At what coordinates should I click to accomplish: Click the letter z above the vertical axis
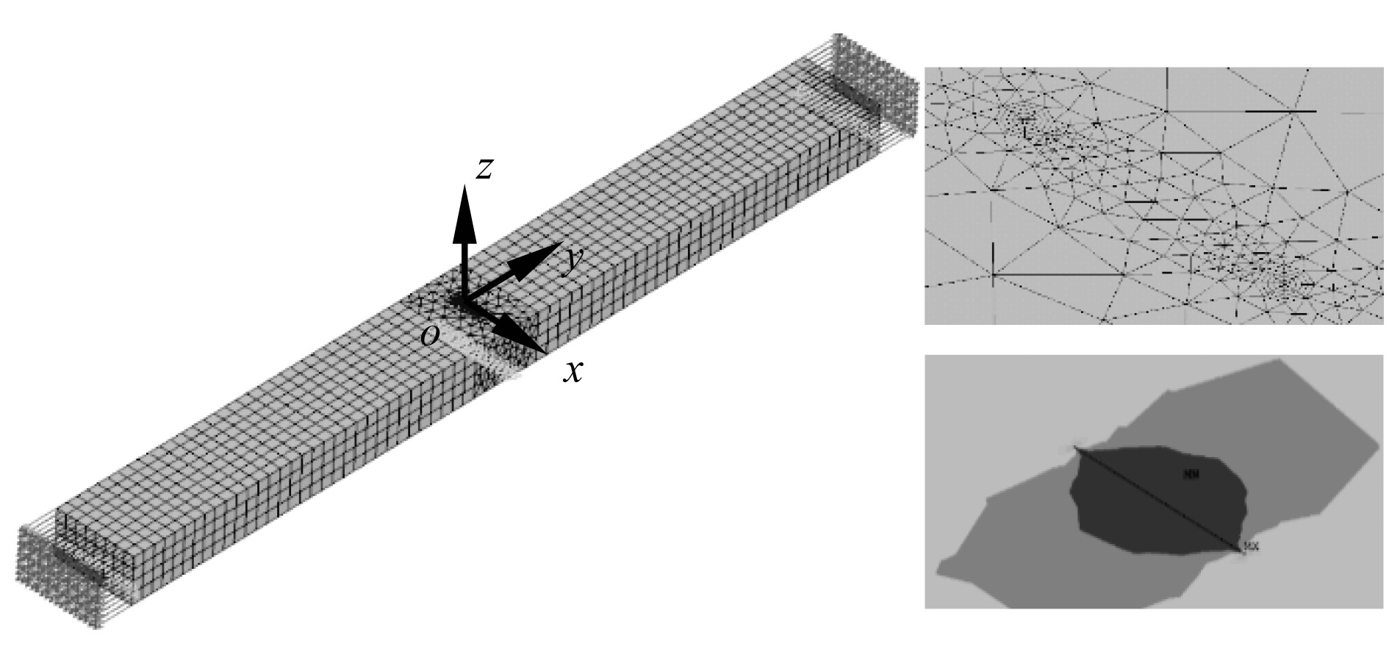click(484, 169)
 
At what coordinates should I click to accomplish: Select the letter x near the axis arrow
click(573, 372)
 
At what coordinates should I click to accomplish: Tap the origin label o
click(431, 336)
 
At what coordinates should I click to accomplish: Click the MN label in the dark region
click(1191, 475)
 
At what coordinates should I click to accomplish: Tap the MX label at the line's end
click(1251, 546)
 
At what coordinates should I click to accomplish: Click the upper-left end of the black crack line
click(1076, 447)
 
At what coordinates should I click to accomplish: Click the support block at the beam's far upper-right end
click(878, 85)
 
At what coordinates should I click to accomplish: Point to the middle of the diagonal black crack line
click(1158, 498)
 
